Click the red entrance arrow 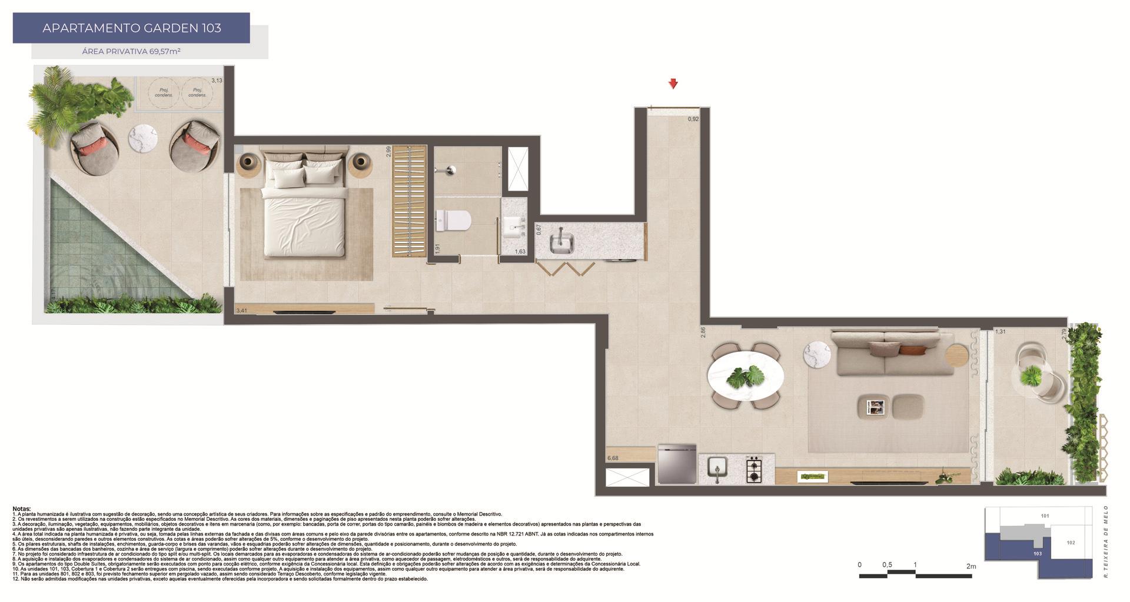[673, 84]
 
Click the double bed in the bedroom [304, 206]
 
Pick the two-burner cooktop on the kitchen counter [754, 470]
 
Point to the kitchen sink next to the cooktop [718, 469]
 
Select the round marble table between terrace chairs [144, 139]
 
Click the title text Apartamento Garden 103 [131, 28]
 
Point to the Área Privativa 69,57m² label [131, 51]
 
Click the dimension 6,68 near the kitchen [613, 458]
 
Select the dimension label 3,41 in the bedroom [241, 310]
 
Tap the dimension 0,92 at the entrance [693, 119]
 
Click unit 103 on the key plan [1037, 554]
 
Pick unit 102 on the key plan [1071, 543]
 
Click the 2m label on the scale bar [971, 567]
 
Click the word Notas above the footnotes [22, 509]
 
